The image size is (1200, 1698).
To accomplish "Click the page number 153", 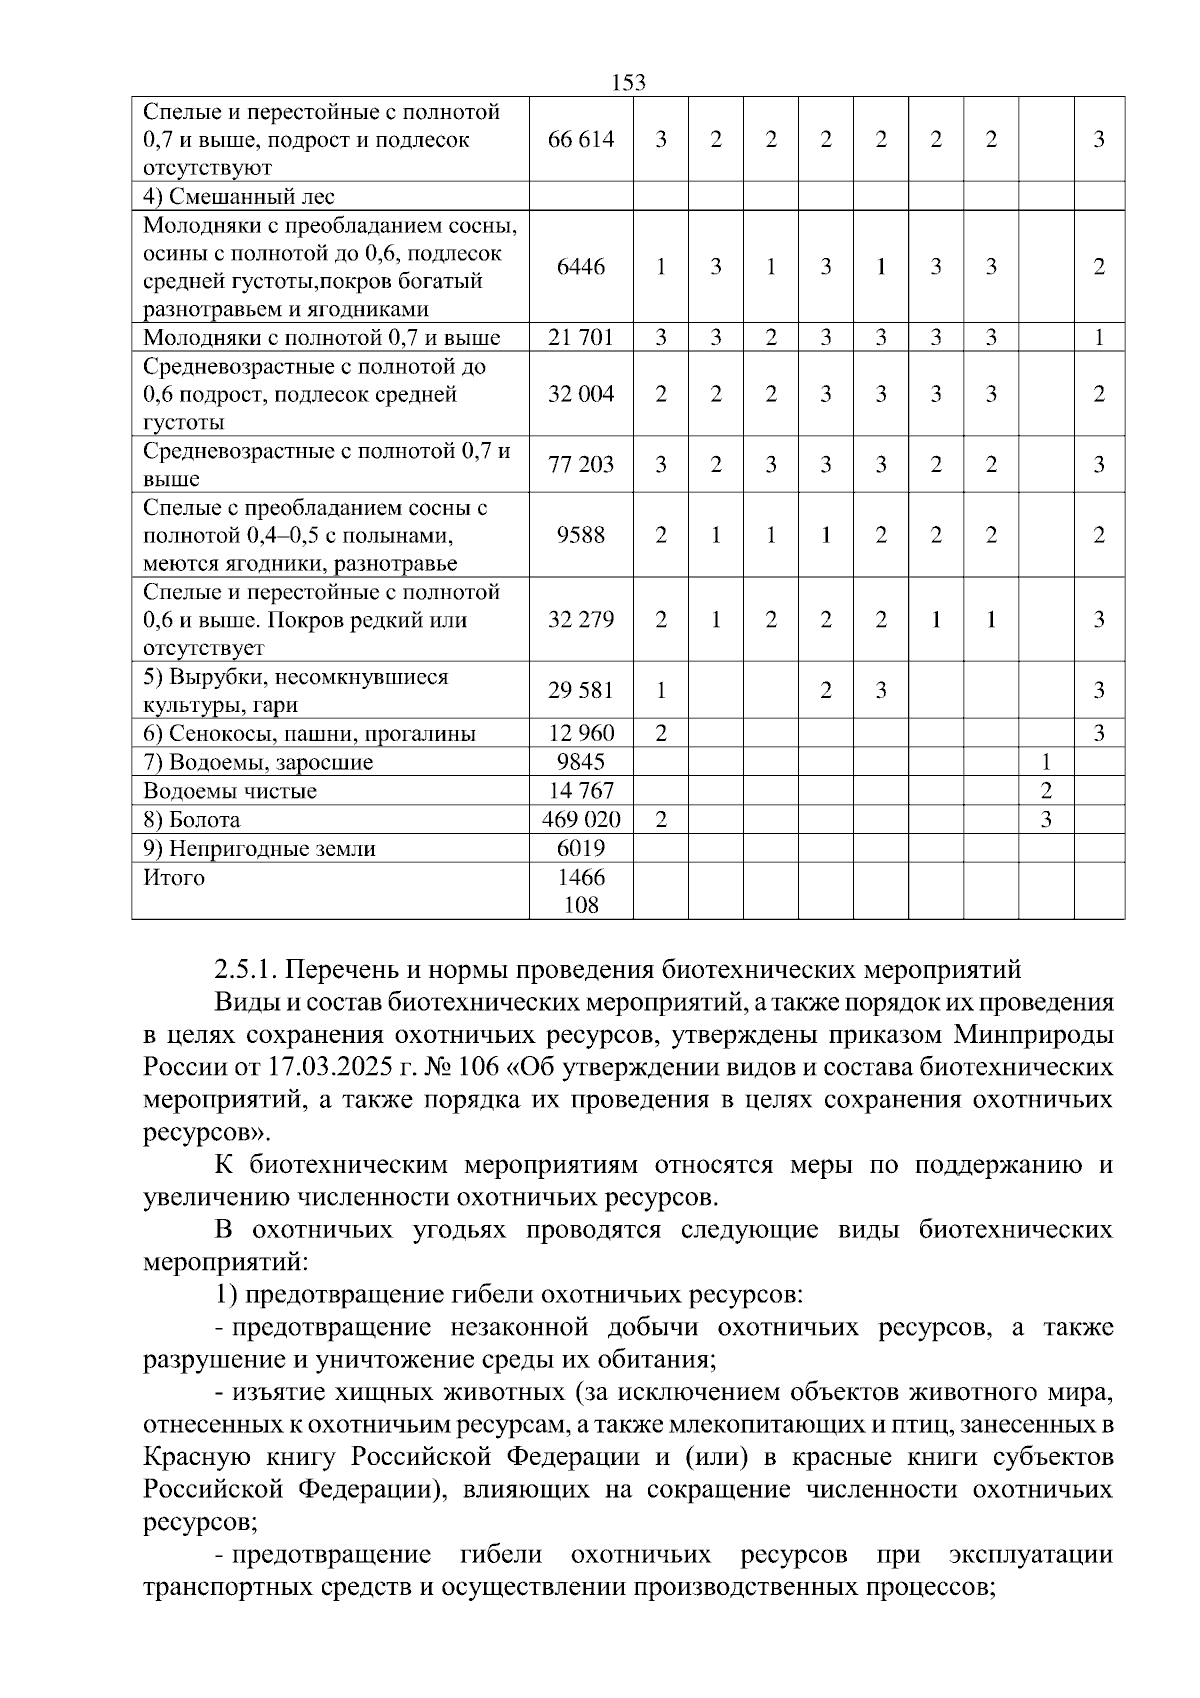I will pos(628,83).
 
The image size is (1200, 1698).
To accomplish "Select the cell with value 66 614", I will pos(581,139).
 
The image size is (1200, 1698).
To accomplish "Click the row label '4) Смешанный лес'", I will pos(239,196).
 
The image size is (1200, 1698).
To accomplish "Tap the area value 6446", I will pos(581,267).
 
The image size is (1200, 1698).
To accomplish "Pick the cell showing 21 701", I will pos(581,337).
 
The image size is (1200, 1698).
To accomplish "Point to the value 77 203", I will pos(581,464).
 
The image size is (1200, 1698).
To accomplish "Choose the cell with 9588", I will pos(581,535).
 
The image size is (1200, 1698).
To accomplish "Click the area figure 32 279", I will pos(581,620).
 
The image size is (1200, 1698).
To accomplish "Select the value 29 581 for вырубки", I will pos(581,690).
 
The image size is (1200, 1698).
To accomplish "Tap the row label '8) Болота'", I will pos(192,820).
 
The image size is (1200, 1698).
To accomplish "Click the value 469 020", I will pos(581,820).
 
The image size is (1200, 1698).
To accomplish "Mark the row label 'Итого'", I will pos(174,878).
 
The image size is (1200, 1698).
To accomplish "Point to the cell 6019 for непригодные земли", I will pos(581,849).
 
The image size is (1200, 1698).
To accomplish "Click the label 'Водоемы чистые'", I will pos(230,791).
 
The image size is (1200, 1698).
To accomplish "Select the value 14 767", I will pos(581,791).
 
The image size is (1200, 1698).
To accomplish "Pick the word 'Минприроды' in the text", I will pos(1036,1034).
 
